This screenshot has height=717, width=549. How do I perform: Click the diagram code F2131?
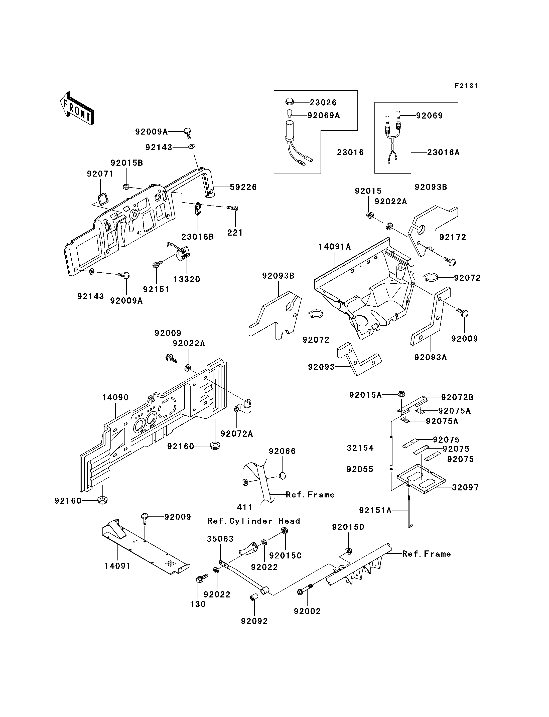click(x=466, y=86)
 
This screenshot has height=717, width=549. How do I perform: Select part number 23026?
click(x=323, y=103)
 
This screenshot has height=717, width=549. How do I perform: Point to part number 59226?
click(x=243, y=187)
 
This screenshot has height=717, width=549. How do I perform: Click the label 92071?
click(x=100, y=174)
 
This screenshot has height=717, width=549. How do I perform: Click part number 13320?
click(x=187, y=279)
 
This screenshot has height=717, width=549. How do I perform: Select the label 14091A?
click(x=335, y=247)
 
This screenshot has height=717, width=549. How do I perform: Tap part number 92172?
click(x=453, y=237)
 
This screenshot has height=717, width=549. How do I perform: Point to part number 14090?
click(x=115, y=397)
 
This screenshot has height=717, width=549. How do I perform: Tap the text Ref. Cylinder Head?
click(x=253, y=521)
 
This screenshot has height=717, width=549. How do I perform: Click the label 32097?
click(x=465, y=488)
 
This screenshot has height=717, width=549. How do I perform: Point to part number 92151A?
click(x=375, y=510)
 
